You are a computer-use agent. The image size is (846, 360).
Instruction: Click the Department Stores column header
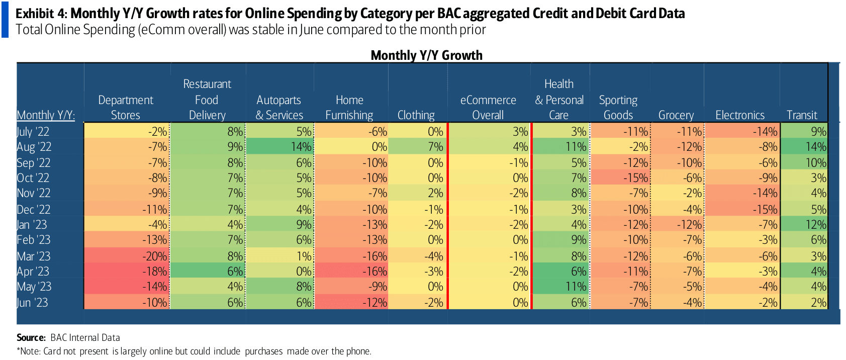pos(126,108)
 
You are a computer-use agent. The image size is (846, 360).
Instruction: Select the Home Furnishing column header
pos(349,108)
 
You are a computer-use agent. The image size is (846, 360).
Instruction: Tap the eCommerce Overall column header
pos(488,108)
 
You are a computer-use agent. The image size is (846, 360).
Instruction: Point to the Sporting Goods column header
pos(618,108)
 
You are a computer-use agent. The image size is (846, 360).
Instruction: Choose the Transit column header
pos(802,115)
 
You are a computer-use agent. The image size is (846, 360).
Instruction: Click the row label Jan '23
pos(32,225)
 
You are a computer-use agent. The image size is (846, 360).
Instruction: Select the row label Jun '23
pos(32,303)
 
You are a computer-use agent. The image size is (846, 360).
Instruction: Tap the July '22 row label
pos(33,132)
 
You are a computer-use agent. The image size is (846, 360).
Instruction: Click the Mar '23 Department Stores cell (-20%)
pos(127,256)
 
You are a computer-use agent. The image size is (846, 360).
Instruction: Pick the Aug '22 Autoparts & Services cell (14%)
pos(280,147)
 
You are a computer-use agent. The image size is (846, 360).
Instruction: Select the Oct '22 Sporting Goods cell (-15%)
pos(620,178)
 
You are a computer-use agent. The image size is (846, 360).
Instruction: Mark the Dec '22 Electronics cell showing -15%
pos(742,210)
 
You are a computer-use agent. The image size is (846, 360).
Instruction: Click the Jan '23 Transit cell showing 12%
pos(804,225)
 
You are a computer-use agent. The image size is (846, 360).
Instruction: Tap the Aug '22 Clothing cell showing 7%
pos(418,147)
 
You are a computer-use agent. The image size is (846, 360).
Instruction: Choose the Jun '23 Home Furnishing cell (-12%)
pos(351,303)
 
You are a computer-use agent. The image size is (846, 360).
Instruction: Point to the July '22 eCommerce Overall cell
pos(490,132)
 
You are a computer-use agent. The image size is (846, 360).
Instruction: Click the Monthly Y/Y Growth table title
pos(426,55)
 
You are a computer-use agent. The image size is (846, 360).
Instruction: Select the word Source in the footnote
pos(31,337)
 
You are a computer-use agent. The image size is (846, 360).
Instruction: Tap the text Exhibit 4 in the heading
pos(41,14)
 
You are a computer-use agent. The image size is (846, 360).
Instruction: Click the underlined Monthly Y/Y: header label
pos(46,115)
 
